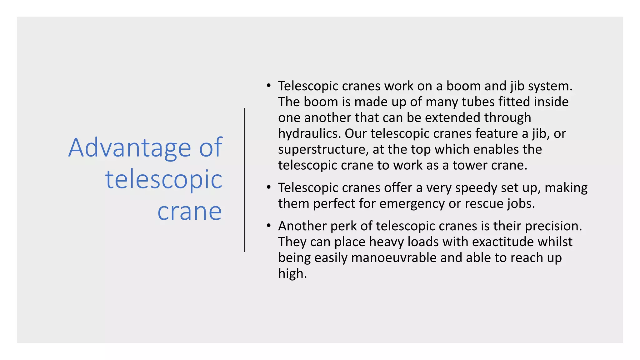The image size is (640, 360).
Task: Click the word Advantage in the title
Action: pos(129,148)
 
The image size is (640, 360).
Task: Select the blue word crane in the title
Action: pos(189,212)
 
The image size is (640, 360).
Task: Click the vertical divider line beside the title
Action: pos(244,180)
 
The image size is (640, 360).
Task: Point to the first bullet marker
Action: pos(268,86)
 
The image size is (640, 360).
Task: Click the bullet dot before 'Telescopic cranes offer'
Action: pos(268,187)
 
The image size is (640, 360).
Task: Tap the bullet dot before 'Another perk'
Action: pos(268,226)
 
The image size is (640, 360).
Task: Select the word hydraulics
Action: pos(309,134)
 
